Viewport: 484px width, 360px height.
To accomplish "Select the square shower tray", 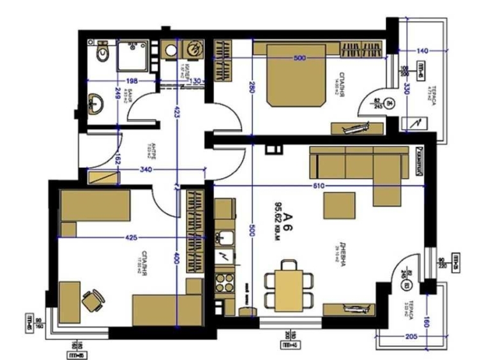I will pyautogui.click(x=133, y=56).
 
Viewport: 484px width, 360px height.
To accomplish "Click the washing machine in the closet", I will pyautogui.click(x=192, y=49).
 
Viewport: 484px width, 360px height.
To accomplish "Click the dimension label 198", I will pyautogui.click(x=132, y=81).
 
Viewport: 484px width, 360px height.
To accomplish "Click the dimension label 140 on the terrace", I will pyautogui.click(x=421, y=50).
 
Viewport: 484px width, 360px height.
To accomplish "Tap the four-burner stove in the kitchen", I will pyautogui.click(x=225, y=281).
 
